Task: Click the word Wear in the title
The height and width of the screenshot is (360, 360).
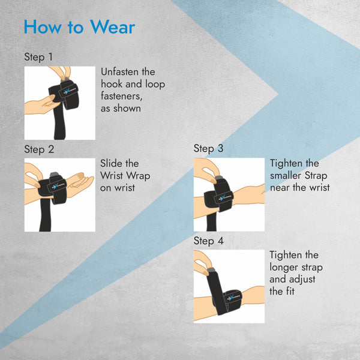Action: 113,27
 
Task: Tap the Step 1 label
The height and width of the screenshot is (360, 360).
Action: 38,57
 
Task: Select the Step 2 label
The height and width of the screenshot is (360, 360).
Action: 39,149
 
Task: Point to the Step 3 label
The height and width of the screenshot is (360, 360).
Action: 208,149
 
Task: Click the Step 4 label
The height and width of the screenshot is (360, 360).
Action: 208,241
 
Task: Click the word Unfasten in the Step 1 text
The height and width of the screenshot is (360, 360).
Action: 120,72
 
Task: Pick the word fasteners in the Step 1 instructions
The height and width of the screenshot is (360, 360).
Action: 121,96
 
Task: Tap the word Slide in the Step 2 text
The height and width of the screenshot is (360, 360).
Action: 111,163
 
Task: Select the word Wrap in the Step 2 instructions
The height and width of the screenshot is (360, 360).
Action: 138,176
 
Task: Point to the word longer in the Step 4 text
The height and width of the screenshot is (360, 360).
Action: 284,268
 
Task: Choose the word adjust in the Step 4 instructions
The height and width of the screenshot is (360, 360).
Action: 302,280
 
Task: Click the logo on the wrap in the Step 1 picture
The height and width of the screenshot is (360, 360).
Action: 68,91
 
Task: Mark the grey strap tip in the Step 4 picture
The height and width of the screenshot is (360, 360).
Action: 211,270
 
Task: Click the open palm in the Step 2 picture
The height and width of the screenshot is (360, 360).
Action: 80,181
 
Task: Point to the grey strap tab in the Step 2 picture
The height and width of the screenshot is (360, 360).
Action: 55,175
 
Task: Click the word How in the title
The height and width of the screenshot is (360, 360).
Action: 43,27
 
